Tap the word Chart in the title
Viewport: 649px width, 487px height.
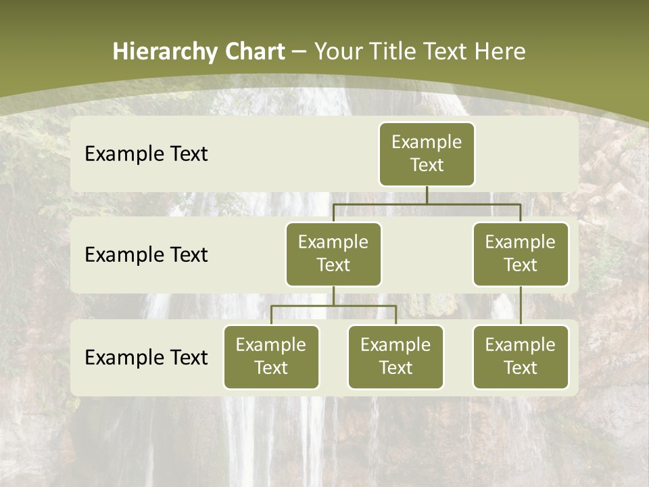(254, 52)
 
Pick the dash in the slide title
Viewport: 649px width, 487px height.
(299, 53)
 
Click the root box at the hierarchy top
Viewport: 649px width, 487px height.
(427, 154)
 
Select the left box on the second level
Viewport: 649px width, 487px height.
(333, 254)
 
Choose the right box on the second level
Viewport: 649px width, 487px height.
(521, 254)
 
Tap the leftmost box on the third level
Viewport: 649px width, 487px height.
(271, 356)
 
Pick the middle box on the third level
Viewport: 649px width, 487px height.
(395, 356)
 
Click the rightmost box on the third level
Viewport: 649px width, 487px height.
(521, 356)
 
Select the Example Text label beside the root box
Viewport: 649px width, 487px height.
(146, 154)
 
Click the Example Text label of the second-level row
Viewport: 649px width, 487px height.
(146, 254)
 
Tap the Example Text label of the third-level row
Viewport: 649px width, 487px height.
(146, 357)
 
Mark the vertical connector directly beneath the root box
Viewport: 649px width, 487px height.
(427, 195)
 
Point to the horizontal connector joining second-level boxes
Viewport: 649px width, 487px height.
(427, 204)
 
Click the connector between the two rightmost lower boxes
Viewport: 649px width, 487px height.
(521, 306)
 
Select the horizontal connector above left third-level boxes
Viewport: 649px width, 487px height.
(333, 306)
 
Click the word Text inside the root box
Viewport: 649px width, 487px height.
(427, 165)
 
